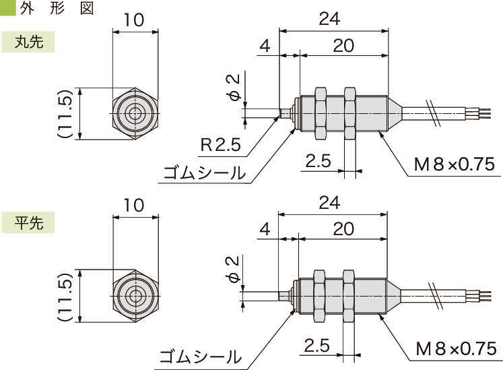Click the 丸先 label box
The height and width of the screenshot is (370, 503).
[x=28, y=42]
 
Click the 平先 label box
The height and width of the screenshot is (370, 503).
[x=28, y=223]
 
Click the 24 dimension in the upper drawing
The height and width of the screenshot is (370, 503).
[x=329, y=20]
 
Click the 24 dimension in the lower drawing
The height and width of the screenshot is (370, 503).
[x=329, y=202]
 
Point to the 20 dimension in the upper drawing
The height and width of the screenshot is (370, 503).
[x=343, y=45]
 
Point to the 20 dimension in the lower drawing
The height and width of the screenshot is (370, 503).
[x=343, y=228]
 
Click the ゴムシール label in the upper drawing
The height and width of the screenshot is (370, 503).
[x=205, y=173]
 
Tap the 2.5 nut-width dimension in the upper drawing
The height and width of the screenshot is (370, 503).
[x=318, y=161]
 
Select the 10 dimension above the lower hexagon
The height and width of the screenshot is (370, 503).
[x=135, y=205]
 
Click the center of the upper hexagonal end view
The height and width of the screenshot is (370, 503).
[x=135, y=114]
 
